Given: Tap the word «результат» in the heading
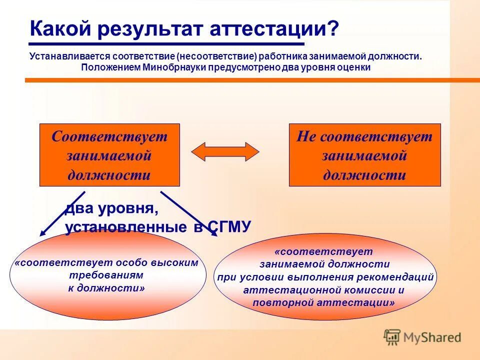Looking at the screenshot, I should pos(148,28).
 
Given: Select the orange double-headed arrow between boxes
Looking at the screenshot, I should pos(225,151).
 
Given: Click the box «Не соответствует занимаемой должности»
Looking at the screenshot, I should pos(364,155).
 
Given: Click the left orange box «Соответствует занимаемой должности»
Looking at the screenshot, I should pos(109,155).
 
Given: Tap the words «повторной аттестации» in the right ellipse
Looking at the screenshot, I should pos(324,302).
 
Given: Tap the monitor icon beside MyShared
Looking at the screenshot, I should pos(392,337).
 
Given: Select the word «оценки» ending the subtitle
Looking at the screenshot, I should pos(354,67).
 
